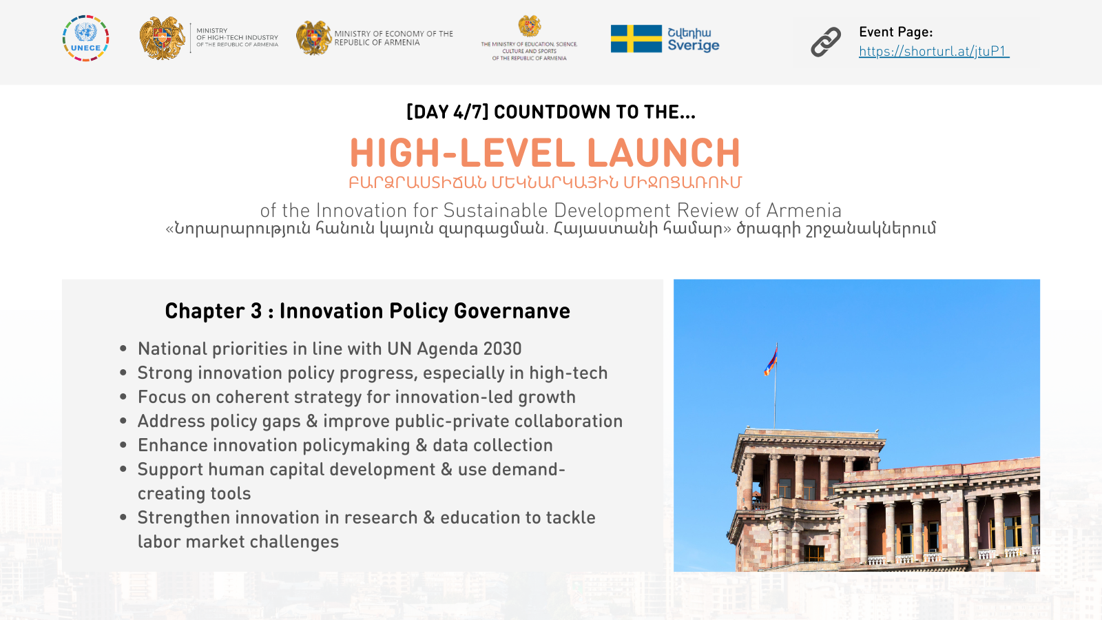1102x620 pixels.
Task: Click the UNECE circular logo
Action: (x=85, y=39)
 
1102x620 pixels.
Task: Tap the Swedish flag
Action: (x=636, y=39)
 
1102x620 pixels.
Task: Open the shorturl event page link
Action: (x=934, y=51)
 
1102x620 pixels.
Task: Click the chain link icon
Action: (x=826, y=42)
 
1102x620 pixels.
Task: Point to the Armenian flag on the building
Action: (x=771, y=360)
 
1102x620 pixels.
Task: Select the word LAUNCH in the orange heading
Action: (x=664, y=152)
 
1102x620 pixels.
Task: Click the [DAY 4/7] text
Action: (x=447, y=112)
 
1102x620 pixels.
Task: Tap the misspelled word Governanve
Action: (x=512, y=311)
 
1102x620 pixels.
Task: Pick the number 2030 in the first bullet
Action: (x=502, y=349)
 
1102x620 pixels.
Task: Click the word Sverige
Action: (x=694, y=45)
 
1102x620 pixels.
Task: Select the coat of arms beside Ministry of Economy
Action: (x=313, y=38)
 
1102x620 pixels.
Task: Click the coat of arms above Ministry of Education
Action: (x=530, y=26)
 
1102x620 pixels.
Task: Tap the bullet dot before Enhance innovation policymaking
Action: (x=123, y=445)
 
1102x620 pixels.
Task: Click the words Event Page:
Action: (x=896, y=32)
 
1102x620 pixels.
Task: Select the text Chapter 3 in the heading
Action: (x=214, y=311)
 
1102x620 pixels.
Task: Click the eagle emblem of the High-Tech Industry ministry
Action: (x=162, y=38)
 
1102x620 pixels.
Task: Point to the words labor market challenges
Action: (x=238, y=541)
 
